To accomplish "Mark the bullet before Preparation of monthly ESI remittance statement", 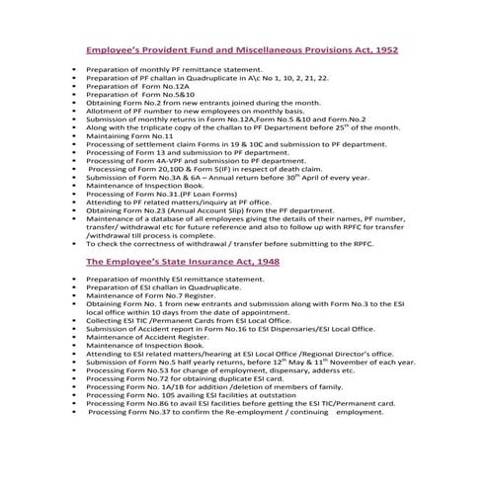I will point(75,281).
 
